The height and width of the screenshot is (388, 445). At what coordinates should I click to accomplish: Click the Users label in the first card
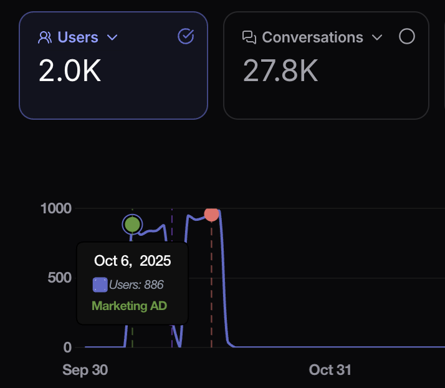pyautogui.click(x=78, y=37)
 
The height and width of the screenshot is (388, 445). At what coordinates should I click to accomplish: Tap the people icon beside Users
pyautogui.click(x=45, y=37)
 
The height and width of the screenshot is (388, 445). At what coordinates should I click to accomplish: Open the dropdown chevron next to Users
pyautogui.click(x=112, y=37)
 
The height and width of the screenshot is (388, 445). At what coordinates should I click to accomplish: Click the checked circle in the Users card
pyautogui.click(x=186, y=37)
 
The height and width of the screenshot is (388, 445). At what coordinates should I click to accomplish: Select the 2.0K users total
pyautogui.click(x=70, y=71)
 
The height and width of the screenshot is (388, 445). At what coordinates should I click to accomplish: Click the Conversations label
pyautogui.click(x=312, y=37)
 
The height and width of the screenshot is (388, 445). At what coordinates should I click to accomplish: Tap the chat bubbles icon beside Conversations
pyautogui.click(x=249, y=37)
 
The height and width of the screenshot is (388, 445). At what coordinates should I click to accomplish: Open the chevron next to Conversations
pyautogui.click(x=376, y=37)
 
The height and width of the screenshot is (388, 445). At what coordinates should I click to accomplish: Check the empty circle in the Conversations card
pyautogui.click(x=406, y=37)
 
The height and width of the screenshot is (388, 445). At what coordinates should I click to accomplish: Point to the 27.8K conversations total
pyautogui.click(x=280, y=71)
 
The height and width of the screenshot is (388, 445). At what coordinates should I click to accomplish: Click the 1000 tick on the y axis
pyautogui.click(x=56, y=208)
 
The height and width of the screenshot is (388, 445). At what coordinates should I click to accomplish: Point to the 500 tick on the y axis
pyautogui.click(x=60, y=278)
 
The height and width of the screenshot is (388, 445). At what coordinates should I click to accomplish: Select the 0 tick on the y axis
pyautogui.click(x=67, y=347)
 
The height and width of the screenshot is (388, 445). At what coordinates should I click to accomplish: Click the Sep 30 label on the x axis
pyautogui.click(x=85, y=370)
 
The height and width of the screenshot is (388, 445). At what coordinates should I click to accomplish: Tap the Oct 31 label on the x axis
pyautogui.click(x=330, y=370)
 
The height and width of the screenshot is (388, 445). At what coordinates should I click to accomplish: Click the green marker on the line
pyautogui.click(x=132, y=224)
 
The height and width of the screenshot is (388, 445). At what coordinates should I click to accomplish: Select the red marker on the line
pyautogui.click(x=211, y=214)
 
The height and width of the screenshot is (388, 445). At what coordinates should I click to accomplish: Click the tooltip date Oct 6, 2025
pyautogui.click(x=132, y=260)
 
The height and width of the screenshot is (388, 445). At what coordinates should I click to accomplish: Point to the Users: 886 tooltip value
pyautogui.click(x=136, y=285)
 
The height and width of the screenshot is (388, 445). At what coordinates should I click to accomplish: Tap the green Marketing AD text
pyautogui.click(x=129, y=306)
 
